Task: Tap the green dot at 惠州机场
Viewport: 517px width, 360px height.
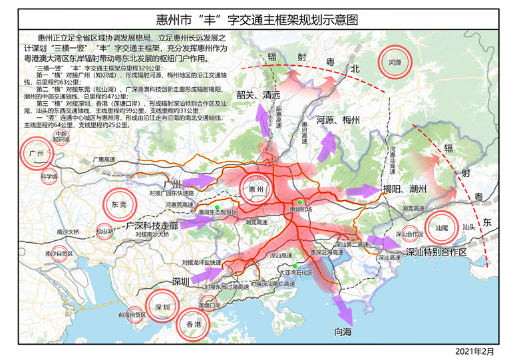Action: [301, 202]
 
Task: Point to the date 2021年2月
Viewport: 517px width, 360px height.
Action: [476, 350]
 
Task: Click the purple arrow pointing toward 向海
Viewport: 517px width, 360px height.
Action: [341, 307]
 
